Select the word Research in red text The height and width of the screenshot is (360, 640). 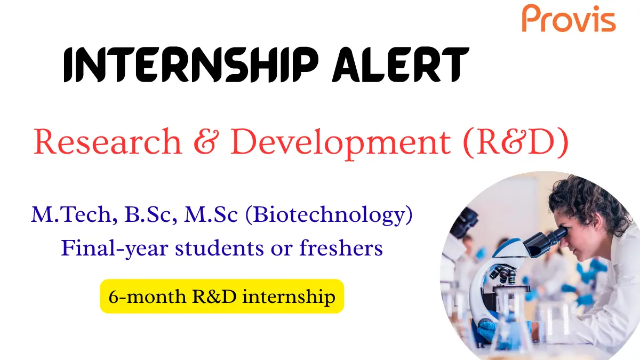click(x=107, y=142)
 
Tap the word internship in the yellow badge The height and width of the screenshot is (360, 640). click(x=289, y=296)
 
